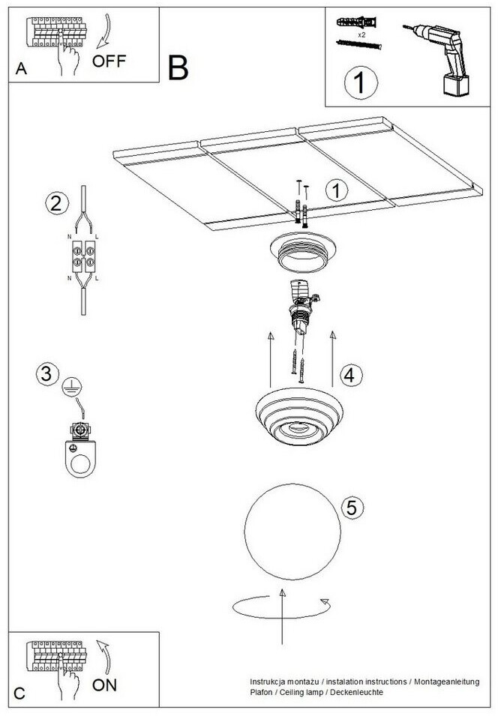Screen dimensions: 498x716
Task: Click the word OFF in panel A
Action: [109, 61]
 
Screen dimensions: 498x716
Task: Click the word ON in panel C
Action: [105, 685]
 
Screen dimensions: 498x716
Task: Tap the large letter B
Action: [178, 67]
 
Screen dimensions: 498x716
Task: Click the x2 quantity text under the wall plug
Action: [361, 34]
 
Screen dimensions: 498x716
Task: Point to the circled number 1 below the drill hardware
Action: [361, 83]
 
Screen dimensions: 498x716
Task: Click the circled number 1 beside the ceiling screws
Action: [337, 191]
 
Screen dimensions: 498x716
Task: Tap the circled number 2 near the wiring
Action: [57, 203]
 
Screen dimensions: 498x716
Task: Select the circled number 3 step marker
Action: [47, 374]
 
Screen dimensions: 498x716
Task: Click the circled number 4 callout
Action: [351, 376]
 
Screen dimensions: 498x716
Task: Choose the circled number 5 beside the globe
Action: [352, 508]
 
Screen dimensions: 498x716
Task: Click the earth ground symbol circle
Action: [72, 387]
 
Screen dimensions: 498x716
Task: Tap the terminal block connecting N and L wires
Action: [83, 256]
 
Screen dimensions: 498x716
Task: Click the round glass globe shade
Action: [292, 532]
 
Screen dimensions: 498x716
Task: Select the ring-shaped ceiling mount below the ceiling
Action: [302, 253]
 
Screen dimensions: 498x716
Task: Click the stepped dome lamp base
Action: [298, 416]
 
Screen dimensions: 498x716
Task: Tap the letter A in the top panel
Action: [21, 68]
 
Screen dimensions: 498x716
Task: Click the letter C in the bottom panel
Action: [19, 694]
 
